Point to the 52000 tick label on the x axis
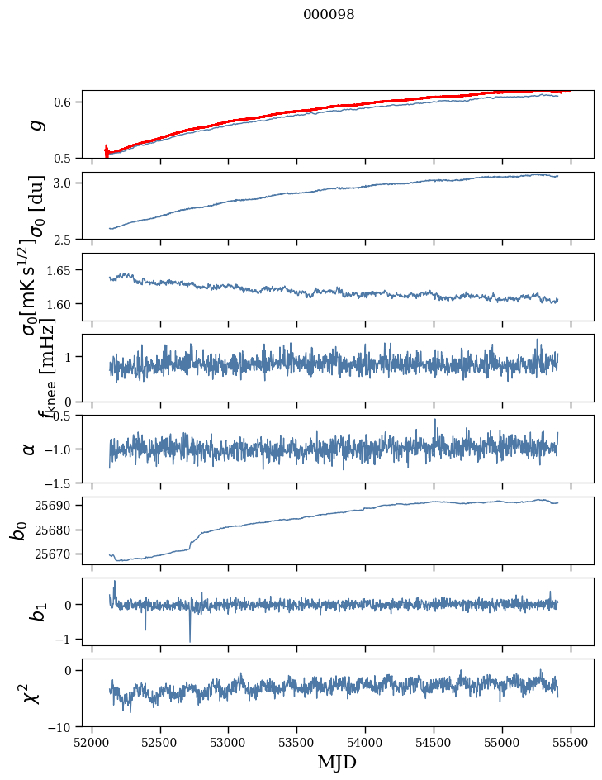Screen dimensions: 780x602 (92, 741)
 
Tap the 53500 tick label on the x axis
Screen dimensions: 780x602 (297, 741)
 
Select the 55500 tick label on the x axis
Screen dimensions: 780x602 (571, 741)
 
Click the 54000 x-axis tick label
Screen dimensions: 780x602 (366, 741)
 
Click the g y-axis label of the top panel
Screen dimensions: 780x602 (35, 124)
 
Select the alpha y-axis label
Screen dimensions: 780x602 (30, 449)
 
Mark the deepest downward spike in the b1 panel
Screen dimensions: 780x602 (190, 641)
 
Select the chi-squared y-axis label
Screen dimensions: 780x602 (31, 693)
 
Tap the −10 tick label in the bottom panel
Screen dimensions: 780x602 (63, 727)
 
